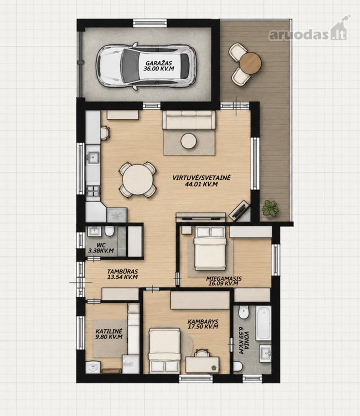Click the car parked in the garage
145,66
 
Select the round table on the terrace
250,63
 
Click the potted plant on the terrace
271,209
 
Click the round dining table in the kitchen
137,180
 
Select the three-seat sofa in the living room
189,120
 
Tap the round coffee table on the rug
189,141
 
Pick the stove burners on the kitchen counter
93,191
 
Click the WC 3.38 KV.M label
101,248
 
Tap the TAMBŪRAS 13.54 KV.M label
123,274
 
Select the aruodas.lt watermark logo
309,32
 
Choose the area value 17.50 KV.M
203,327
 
